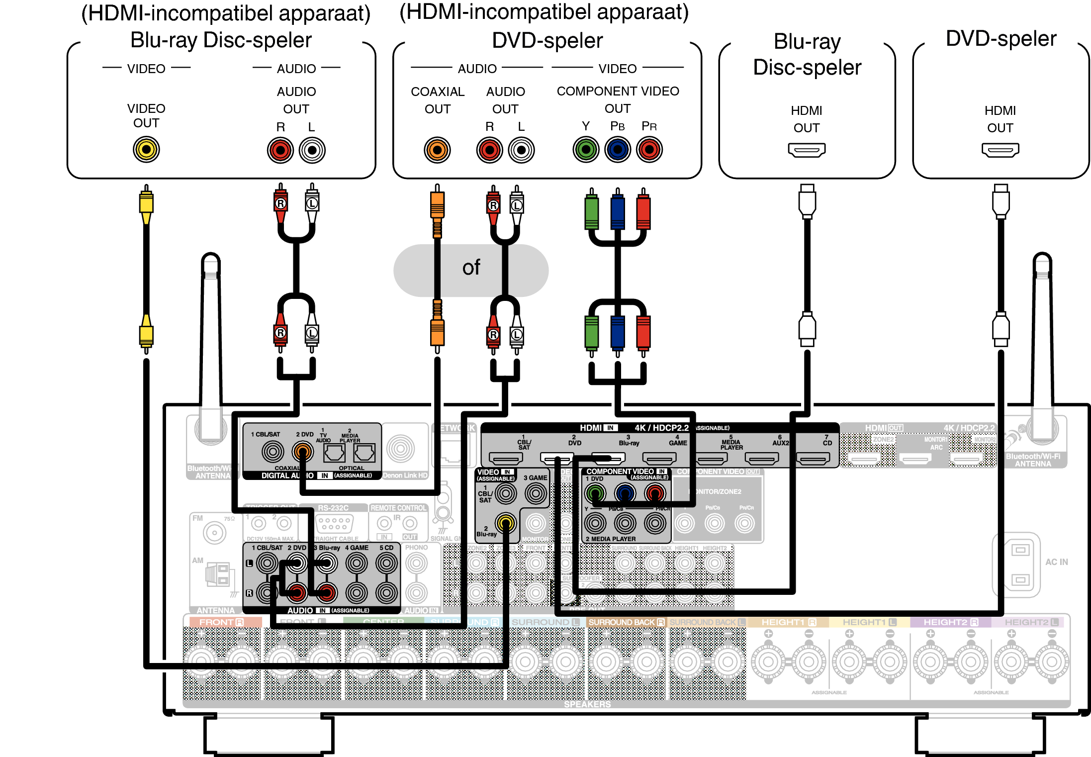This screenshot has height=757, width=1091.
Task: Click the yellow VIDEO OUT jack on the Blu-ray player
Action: pyautogui.click(x=146, y=150)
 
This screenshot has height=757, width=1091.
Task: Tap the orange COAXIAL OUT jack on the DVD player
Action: pyautogui.click(x=437, y=150)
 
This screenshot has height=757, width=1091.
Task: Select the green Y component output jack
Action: pyautogui.click(x=586, y=149)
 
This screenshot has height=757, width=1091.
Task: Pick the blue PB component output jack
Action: pyautogui.click(x=618, y=149)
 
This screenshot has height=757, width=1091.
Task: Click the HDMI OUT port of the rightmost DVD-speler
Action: pyautogui.click(x=1000, y=150)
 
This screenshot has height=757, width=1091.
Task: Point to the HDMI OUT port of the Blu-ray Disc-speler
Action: pyautogui.click(x=807, y=150)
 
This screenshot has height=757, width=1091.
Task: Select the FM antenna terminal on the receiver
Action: pyautogui.click(x=214, y=533)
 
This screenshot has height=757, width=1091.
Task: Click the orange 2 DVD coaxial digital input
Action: pyautogui.click(x=302, y=452)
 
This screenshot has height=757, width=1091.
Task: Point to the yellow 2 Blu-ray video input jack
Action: pyautogui.click(x=506, y=523)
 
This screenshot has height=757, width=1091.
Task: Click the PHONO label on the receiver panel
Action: pyautogui.click(x=416, y=548)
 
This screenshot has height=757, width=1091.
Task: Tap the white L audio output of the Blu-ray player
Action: pyautogui.click(x=312, y=150)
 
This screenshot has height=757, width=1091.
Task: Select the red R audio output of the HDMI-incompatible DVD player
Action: pyautogui.click(x=489, y=150)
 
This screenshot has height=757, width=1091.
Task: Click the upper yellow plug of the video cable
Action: pyautogui.click(x=146, y=204)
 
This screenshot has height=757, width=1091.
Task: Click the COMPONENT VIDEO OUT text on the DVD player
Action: pyautogui.click(x=618, y=99)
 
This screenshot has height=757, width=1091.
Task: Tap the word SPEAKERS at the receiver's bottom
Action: pyautogui.click(x=587, y=704)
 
